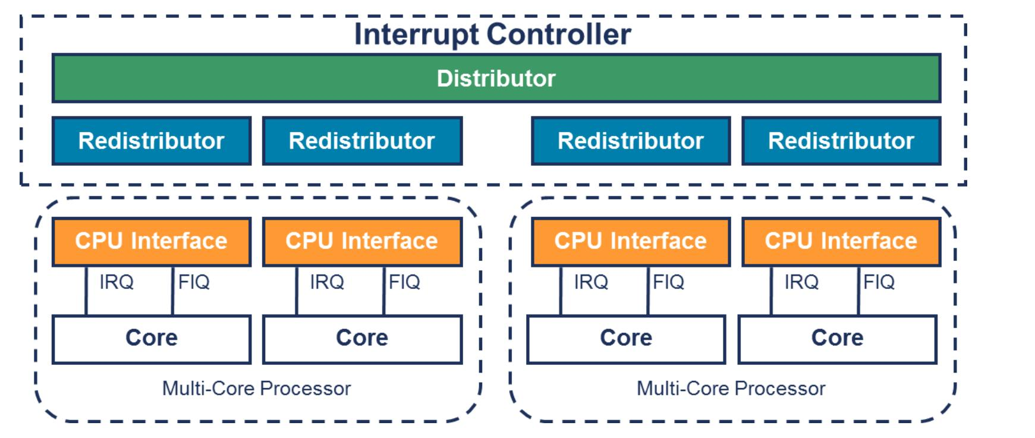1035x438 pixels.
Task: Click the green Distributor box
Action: (496, 78)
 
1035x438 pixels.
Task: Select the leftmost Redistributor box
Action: (152, 141)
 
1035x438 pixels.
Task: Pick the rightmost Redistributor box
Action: (841, 141)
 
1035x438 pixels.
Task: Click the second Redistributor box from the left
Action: (362, 141)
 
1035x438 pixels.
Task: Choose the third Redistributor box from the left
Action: (631, 141)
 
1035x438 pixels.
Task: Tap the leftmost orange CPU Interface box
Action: (152, 242)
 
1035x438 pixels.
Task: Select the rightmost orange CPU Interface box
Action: (841, 242)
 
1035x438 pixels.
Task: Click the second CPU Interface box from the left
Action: (362, 242)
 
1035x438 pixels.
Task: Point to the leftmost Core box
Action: (152, 339)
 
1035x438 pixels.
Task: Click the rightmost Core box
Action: (838, 339)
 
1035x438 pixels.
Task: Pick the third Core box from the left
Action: (626, 339)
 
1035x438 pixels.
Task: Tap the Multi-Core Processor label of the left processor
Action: (256, 389)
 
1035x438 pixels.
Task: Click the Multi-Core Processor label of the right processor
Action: (731, 389)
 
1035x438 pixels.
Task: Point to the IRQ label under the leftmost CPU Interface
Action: (117, 282)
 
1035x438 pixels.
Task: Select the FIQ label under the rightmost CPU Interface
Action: (879, 282)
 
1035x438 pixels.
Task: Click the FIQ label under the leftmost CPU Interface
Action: (194, 282)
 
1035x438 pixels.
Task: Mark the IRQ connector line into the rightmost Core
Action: (772, 291)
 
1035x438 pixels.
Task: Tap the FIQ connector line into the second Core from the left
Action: (384, 291)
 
